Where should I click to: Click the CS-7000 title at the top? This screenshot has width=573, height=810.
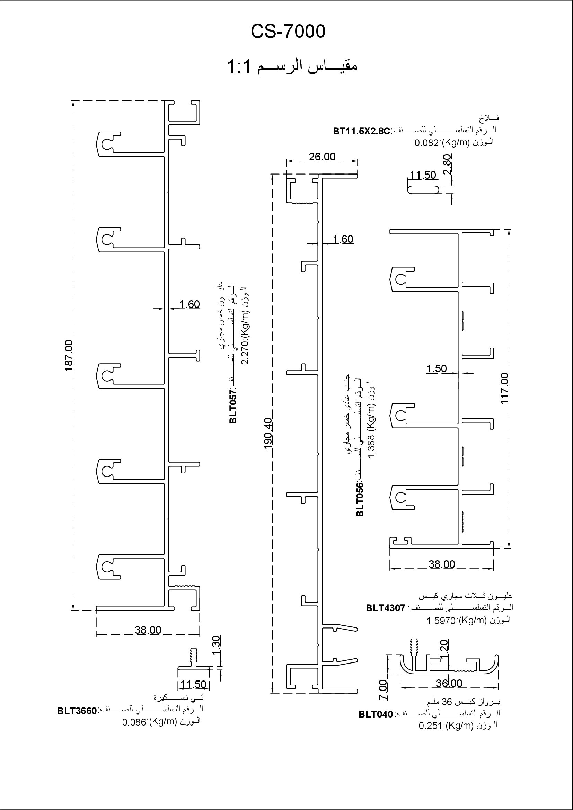pyautogui.click(x=288, y=32)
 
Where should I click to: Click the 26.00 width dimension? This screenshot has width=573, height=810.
pyautogui.click(x=322, y=157)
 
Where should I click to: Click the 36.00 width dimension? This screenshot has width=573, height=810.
pyautogui.click(x=449, y=683)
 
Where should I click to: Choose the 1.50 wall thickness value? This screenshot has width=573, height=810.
pyautogui.click(x=437, y=369)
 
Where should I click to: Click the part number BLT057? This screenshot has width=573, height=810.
pyautogui.click(x=233, y=407)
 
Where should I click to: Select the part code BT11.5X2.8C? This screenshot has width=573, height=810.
pyautogui.click(x=362, y=132)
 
